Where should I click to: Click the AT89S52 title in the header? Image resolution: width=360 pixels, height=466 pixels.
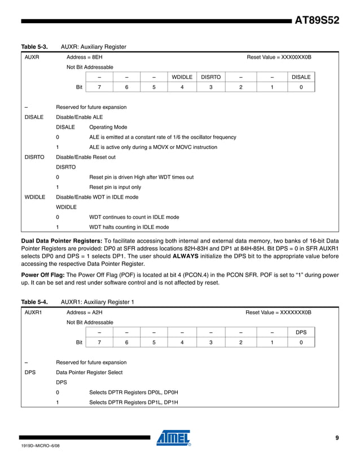(x=317, y=21)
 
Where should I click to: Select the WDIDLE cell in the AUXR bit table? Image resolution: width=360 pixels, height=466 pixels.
(x=182, y=77)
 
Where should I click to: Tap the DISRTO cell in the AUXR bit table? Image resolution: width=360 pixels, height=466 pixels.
(x=210, y=77)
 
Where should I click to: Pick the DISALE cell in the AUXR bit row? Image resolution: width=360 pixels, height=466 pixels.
(x=301, y=77)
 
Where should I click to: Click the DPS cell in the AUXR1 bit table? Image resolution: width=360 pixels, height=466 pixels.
(x=301, y=332)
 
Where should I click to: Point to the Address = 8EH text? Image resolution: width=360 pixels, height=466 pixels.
(x=85, y=58)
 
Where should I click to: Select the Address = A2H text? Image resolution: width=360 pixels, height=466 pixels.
(x=85, y=312)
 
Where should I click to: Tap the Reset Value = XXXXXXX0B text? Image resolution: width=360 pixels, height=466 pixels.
(x=278, y=312)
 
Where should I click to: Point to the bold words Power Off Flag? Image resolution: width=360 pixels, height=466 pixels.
(x=43, y=275)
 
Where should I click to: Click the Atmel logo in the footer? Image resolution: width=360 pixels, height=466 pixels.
(x=174, y=438)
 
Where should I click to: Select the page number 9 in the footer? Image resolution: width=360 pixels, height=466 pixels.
(x=336, y=438)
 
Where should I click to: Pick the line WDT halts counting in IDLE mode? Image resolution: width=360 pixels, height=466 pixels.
(x=129, y=227)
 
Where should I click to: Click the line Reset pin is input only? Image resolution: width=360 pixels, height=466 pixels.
(x=116, y=187)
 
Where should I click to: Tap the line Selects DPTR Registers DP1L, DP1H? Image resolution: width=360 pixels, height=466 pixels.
(x=134, y=402)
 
